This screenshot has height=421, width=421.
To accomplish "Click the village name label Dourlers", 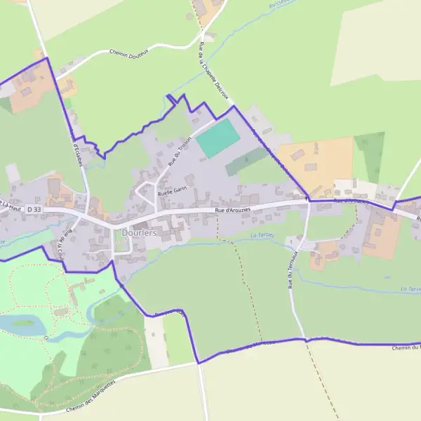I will coord(139,232).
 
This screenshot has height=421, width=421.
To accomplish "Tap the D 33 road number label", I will coord(32,209).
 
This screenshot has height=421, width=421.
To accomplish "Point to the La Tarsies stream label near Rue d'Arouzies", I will coord(262,236).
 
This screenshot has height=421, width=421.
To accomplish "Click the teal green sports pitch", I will coord(218,138).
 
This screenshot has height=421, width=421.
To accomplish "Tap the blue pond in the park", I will coord(24,323).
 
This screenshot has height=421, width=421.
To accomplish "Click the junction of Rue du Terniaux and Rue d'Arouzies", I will coord(307,201).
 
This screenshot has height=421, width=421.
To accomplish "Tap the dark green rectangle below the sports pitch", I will coord(246,161).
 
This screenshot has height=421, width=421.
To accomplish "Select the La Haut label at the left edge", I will coord(10,205).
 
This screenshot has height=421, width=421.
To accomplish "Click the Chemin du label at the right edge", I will coord(405,347).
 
